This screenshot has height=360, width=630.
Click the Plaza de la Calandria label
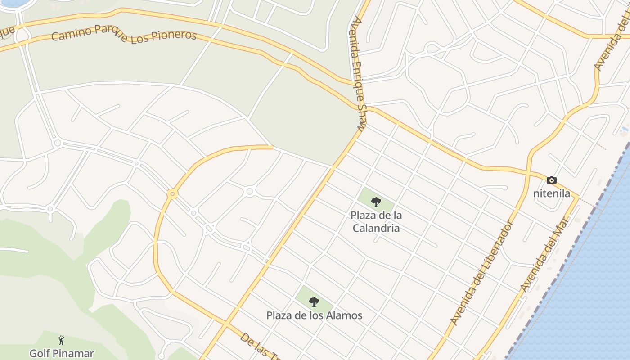[x=376, y=222]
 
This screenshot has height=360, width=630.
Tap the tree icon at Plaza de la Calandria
[x=376, y=202]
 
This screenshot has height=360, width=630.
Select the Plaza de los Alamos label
[x=314, y=315]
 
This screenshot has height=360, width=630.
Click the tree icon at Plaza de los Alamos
[x=314, y=301]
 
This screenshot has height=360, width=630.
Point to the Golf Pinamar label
[x=62, y=353]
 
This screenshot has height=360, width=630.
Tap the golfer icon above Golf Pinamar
[x=62, y=340]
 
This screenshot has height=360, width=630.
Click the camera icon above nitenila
[x=551, y=180]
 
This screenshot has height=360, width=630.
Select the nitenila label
[x=551, y=194]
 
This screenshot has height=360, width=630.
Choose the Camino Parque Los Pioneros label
[x=124, y=34]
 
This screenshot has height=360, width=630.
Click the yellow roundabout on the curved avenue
[x=172, y=194]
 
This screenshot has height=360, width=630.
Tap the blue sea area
[x=594, y=270]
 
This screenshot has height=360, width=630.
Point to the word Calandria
[x=376, y=228]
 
